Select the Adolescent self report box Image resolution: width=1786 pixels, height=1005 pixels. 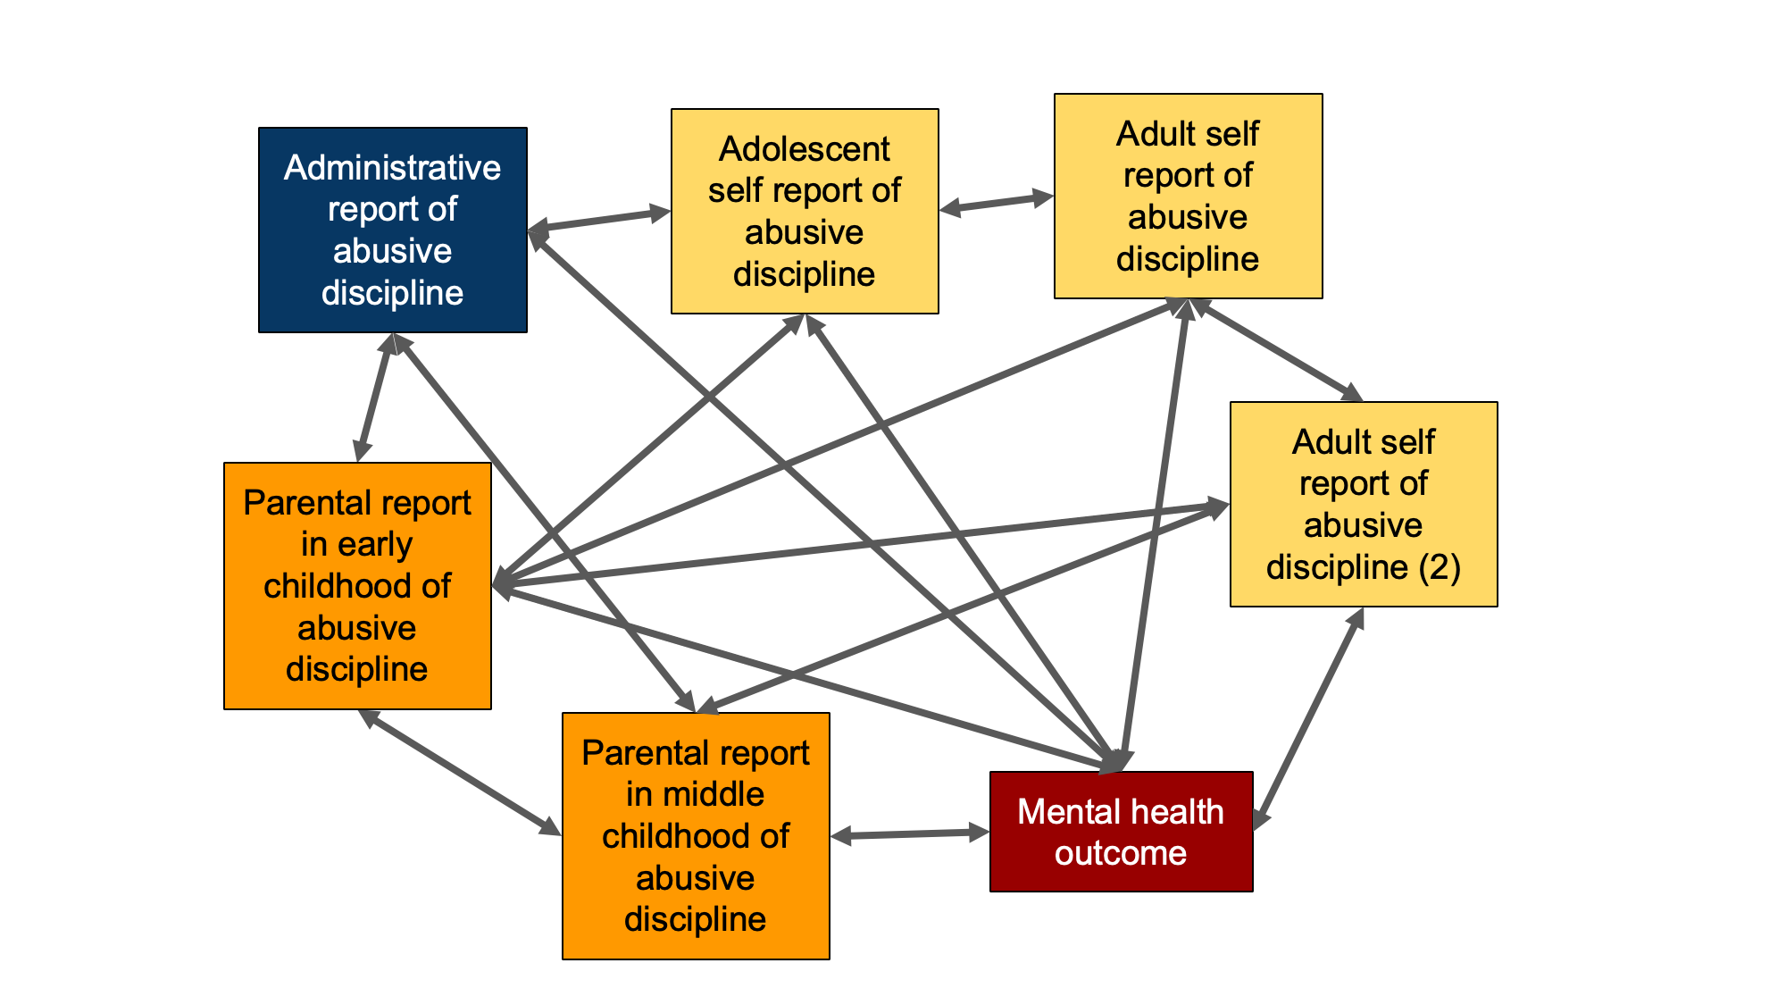[x=804, y=211]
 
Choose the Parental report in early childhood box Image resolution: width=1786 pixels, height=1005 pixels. [x=357, y=585]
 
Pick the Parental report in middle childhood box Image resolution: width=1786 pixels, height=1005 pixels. [x=696, y=835]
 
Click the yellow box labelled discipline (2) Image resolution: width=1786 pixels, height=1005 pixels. [x=1364, y=504]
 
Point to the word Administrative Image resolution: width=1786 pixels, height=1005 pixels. [x=393, y=168]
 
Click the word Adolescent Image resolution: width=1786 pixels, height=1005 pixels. [x=804, y=149]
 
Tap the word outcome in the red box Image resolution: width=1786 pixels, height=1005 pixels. [x=1121, y=853]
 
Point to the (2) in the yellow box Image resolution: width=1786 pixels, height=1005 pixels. [x=1440, y=567]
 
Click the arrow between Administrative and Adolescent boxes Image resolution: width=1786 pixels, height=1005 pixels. [x=599, y=221]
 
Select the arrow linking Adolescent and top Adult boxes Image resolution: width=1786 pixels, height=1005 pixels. [x=997, y=203]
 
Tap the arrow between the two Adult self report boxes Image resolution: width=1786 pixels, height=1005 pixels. [x=1278, y=349]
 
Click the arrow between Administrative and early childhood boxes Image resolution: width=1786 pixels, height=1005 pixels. [x=375, y=398]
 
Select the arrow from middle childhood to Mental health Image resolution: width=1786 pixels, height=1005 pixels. [x=910, y=834]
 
